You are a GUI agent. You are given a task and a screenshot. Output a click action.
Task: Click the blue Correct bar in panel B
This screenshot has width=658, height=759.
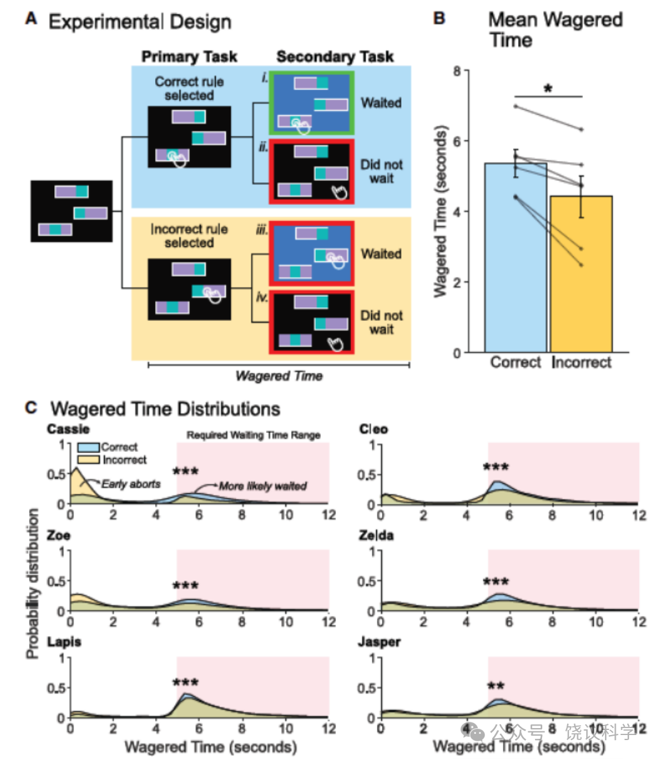tap(516, 258)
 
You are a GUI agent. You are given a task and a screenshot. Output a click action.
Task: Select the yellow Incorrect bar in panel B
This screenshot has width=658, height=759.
tap(581, 274)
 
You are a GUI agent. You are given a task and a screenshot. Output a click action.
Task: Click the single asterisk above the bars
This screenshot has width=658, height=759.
tap(548, 89)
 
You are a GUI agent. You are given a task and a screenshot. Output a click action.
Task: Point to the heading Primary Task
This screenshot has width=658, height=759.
tap(189, 57)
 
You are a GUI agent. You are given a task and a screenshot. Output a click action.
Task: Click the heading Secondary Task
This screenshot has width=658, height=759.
tap(335, 57)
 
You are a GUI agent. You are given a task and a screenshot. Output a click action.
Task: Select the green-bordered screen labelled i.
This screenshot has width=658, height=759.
tap(312, 103)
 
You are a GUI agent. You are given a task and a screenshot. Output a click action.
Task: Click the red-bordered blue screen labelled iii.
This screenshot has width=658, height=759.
tap(312, 253)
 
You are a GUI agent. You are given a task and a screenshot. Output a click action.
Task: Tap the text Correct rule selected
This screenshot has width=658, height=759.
tap(189, 88)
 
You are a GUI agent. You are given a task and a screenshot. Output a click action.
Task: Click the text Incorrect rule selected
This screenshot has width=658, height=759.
tap(189, 236)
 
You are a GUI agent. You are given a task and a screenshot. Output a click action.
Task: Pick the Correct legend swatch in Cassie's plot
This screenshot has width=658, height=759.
tap(88, 447)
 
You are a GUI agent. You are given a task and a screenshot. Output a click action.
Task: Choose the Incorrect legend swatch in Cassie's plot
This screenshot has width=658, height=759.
tap(88, 460)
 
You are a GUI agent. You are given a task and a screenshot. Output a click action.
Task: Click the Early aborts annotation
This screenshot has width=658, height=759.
tap(131, 484)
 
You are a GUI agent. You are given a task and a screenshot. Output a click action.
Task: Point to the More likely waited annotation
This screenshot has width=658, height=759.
tap(263, 486)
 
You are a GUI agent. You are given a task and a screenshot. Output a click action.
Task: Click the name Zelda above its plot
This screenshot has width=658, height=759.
tap(376, 536)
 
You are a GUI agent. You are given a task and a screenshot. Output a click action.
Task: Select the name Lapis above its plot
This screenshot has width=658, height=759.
tap(64, 642)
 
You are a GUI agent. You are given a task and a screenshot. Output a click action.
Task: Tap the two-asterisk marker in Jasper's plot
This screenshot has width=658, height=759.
tap(495, 686)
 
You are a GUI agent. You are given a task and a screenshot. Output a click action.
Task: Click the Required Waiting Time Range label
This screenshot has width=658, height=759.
tap(253, 436)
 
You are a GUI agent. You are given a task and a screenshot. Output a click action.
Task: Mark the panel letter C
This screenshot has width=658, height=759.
tap(31, 408)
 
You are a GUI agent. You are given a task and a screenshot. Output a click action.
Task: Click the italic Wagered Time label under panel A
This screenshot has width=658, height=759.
tap(279, 376)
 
